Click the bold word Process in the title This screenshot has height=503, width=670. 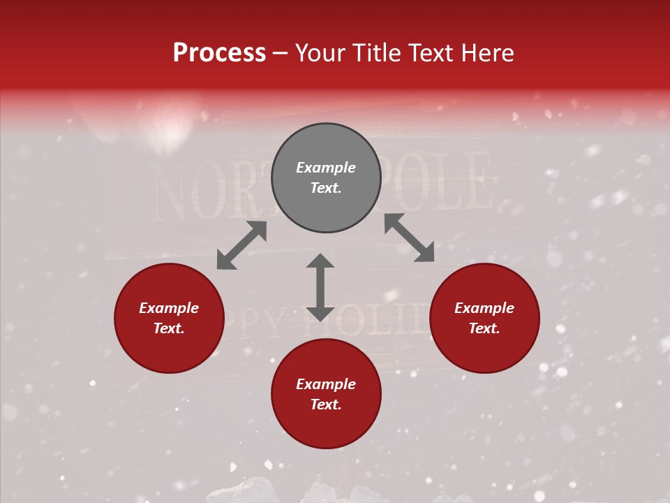tap(219, 53)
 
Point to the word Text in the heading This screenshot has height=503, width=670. tap(431, 53)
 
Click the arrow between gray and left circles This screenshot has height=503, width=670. tap(241, 245)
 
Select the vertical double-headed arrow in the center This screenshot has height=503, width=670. tap(320, 287)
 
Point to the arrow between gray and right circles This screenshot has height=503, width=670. tap(410, 238)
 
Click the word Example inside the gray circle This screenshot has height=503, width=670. tap(326, 168)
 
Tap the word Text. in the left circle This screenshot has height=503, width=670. tap(169, 328)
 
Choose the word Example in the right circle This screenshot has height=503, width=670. tap(484, 308)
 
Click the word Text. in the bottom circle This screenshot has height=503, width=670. tap(326, 404)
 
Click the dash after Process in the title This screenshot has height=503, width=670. tap(281, 54)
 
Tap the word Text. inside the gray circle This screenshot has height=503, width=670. tap(326, 188)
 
